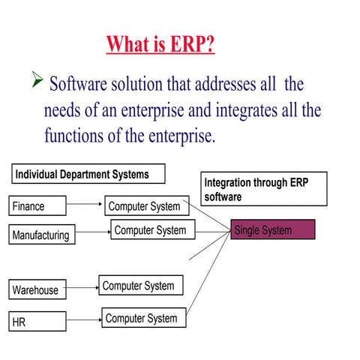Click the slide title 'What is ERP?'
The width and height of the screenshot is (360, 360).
160,43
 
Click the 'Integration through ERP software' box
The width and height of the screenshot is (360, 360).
264,189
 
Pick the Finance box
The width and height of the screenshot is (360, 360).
37,206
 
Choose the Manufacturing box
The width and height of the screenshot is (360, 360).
42,235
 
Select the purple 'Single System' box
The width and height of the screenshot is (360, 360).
273,230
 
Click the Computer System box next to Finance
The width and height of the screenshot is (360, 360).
145,206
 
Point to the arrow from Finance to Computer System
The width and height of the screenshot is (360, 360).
85,203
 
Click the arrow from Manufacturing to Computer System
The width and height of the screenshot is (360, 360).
94,232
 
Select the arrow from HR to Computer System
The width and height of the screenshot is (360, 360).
83,320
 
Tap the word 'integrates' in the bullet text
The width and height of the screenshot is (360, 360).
249,110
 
